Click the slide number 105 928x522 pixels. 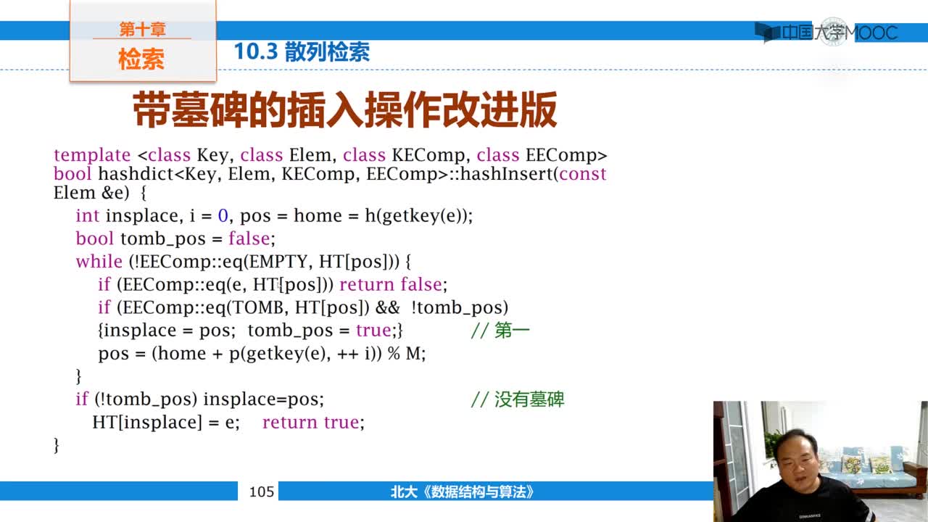tap(262, 492)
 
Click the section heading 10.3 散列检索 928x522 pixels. tap(302, 51)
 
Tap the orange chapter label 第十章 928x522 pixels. tap(143, 29)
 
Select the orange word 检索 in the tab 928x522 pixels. tap(141, 59)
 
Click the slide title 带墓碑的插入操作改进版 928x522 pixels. tap(344, 109)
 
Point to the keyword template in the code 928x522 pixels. tap(92, 155)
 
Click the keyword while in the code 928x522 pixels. tap(99, 262)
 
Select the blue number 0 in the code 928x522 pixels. tap(223, 215)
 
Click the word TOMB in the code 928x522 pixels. tap(257, 307)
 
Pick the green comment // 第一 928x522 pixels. tap(500, 331)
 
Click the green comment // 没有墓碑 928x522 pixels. tap(518, 399)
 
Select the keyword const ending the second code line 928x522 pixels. tap(582, 174)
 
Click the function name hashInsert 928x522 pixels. tap(506, 174)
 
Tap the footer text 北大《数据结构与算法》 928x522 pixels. tap(462, 492)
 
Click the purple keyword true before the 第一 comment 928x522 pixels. tap(373, 331)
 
